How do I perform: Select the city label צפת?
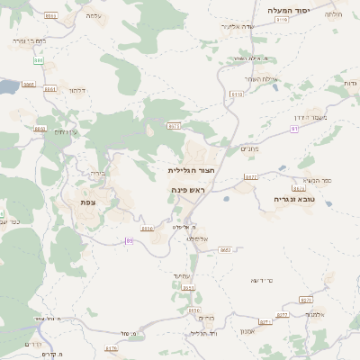coord(88,202)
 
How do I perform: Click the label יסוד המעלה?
coord(288,10)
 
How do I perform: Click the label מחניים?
coord(249,148)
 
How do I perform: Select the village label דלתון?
coord(76,90)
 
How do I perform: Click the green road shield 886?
coord(39,60)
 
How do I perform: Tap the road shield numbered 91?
coord(293,129)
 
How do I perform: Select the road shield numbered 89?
coord(130,240)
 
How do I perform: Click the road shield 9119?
coord(282,19)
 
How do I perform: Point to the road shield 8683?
coord(225,249)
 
